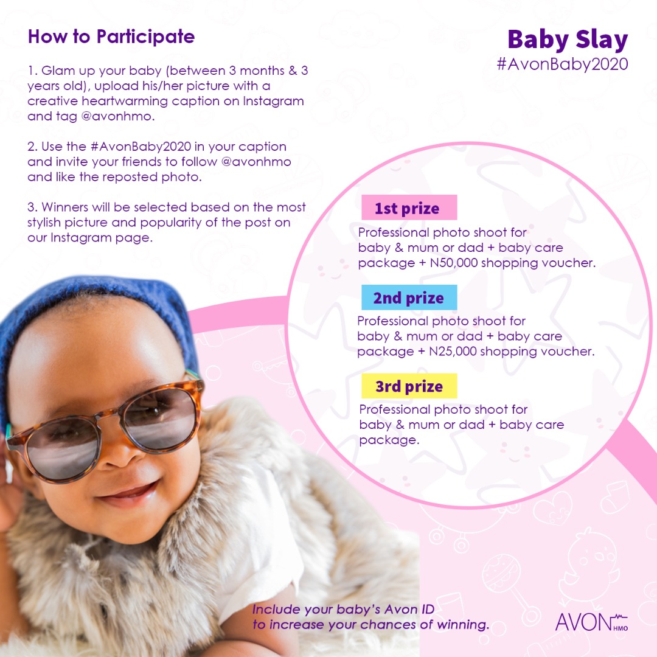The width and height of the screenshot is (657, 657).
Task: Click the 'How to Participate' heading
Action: [111, 37]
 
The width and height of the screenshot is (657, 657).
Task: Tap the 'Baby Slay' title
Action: [568, 40]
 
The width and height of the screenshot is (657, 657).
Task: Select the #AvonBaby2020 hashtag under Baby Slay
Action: [562, 64]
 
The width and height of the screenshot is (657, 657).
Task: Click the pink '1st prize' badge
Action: [409, 207]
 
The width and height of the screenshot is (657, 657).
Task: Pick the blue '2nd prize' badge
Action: [409, 297]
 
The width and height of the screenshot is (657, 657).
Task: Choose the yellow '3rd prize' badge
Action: [409, 386]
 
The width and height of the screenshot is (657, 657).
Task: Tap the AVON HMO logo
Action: [592, 623]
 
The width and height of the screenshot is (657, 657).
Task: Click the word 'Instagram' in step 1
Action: [273, 102]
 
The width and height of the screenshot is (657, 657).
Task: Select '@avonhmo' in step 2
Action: [256, 162]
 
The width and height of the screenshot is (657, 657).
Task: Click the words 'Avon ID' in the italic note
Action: [409, 609]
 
